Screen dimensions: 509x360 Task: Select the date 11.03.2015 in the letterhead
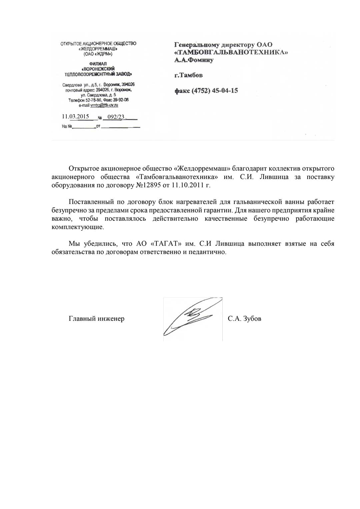tap(75, 116)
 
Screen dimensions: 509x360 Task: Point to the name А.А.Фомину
tap(194, 60)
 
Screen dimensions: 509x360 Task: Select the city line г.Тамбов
tap(188, 75)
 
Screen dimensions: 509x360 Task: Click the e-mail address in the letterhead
tap(104, 105)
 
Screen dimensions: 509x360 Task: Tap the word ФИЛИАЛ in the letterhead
tap(98, 64)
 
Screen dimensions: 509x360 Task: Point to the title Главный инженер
tap(96, 319)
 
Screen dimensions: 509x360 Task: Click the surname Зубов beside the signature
tap(252, 319)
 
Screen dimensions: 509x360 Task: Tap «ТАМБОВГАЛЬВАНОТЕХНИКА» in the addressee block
tap(231, 52)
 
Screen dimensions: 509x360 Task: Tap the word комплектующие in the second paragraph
tap(77, 227)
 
